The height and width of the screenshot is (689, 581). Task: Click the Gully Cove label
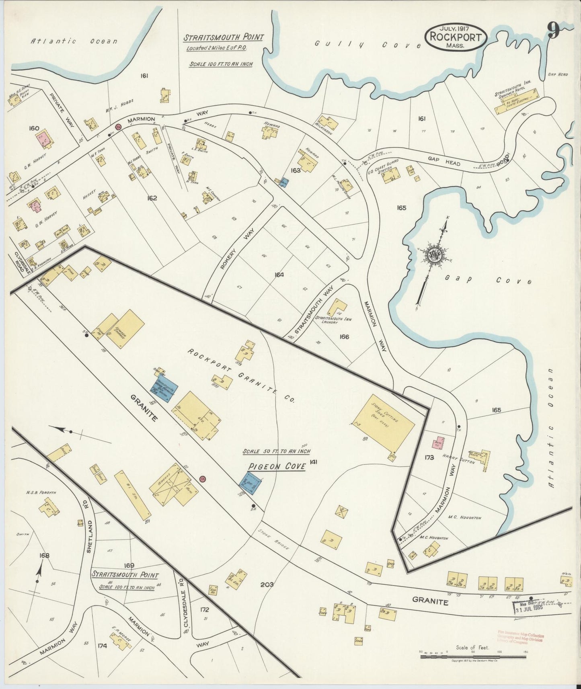[x=368, y=44]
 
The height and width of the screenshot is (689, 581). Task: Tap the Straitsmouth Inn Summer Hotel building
[x=517, y=100]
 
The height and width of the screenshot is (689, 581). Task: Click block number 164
[x=279, y=275]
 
